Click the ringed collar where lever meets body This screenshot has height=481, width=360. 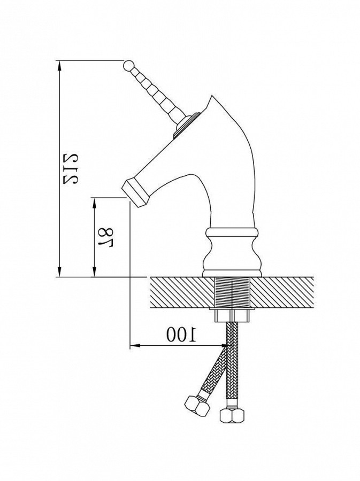tap(185, 126)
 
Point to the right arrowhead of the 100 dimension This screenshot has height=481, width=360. tap(224, 346)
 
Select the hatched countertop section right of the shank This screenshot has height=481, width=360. tap(282, 291)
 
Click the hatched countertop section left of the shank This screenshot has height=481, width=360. tap(182, 291)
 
